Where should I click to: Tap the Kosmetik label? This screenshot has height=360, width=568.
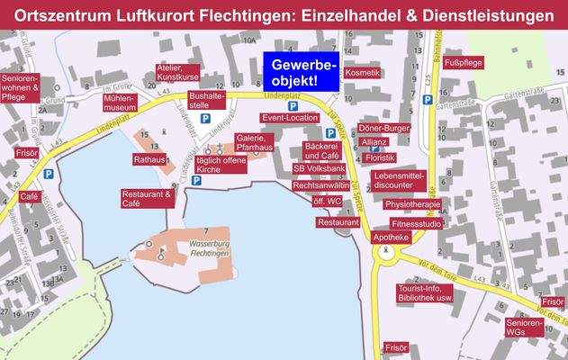pos(362,72)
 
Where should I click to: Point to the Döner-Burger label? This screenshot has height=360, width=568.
pos(384,129)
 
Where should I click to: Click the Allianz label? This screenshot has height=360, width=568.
pos(374,141)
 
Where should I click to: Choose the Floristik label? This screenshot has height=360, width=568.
pos(380,157)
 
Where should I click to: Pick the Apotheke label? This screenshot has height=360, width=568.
pos(391,237)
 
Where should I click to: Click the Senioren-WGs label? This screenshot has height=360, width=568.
pos(524,328)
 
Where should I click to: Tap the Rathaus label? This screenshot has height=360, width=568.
pos(149,159)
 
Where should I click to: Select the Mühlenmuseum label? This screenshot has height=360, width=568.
pos(120,102)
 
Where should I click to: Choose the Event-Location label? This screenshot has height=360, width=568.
pos(290,118)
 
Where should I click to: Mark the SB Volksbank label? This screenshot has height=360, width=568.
pos(319,168)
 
